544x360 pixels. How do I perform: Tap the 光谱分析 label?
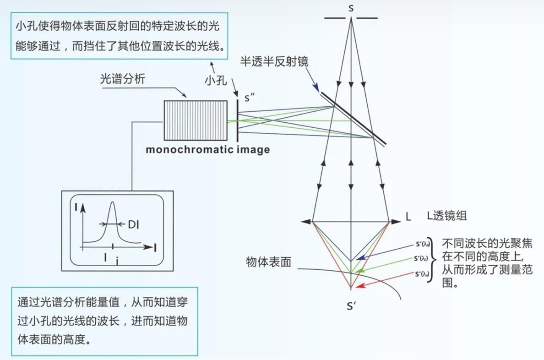click(123, 79)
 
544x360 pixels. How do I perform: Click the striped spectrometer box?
click(196, 120)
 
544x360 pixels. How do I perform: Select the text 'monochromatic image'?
click(207, 150)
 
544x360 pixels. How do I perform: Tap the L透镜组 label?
click(446, 216)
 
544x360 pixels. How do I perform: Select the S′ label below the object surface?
click(351, 305)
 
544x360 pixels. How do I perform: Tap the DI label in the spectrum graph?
click(134, 224)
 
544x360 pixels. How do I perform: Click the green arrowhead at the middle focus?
click(361, 271)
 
